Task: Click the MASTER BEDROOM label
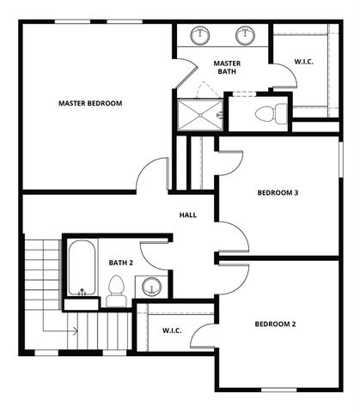click(x=90, y=103)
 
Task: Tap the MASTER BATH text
click(x=227, y=67)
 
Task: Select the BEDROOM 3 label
click(x=278, y=193)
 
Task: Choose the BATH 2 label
click(x=121, y=263)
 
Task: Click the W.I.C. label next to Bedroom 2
click(x=172, y=330)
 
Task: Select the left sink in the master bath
click(x=201, y=36)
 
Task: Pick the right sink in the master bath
click(x=246, y=36)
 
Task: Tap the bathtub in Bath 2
click(x=82, y=268)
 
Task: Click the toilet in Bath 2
click(x=118, y=290)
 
